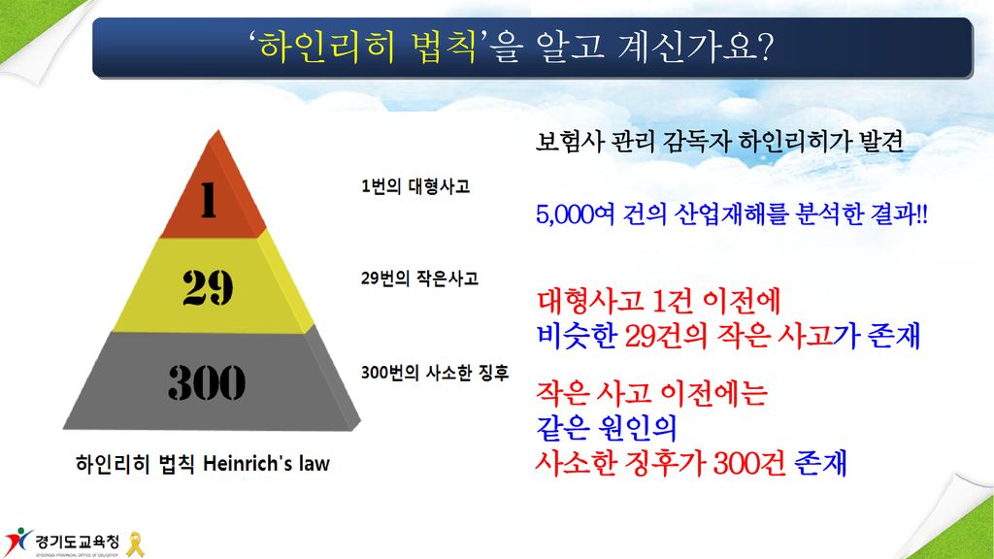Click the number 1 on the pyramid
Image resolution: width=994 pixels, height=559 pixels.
pos(209,200)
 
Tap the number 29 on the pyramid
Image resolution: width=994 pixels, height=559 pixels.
pos(208,287)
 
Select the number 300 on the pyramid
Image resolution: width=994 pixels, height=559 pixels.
pos(207,382)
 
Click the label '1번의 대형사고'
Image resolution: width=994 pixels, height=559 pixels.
pos(415,185)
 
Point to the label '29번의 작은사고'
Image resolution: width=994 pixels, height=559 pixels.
pos(419,278)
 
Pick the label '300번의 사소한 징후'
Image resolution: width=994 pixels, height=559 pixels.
pos(435,372)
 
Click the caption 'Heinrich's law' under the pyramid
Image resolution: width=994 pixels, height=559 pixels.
pos(266,463)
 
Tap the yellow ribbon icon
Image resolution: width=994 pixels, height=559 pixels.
pos(135,543)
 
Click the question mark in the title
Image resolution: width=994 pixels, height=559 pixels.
pos(765,47)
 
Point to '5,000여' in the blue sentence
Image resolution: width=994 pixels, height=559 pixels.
pos(575,214)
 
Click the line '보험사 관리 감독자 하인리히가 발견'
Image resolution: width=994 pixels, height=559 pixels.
pos(719,142)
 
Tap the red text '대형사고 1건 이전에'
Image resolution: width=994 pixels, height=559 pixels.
pos(658,301)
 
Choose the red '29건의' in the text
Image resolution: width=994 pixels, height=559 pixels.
pos(666,335)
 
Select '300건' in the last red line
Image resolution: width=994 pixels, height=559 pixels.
pos(749,463)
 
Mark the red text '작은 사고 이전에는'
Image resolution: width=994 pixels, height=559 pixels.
pos(651,393)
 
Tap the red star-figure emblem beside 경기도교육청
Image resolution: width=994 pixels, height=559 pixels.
pos(17,542)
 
